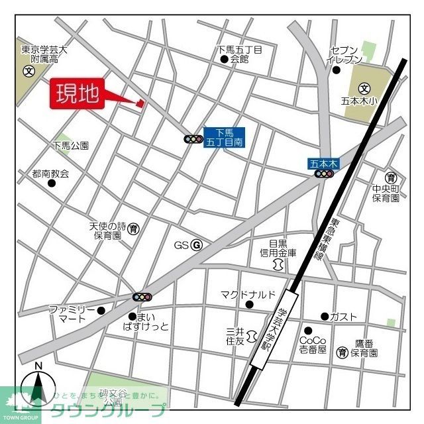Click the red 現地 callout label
(x=76, y=94)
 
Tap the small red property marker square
(x=140, y=103)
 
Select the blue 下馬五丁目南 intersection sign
(x=224, y=137)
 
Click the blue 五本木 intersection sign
(x=323, y=162)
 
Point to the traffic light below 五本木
(x=323, y=174)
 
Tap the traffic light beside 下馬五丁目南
(x=193, y=139)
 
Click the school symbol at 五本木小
(x=364, y=88)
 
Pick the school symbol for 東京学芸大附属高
(x=28, y=71)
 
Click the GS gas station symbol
(x=196, y=245)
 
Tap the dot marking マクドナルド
(x=249, y=305)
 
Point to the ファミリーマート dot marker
(x=101, y=310)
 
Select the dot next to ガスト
(x=325, y=317)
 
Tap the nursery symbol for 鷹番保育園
(x=342, y=352)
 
